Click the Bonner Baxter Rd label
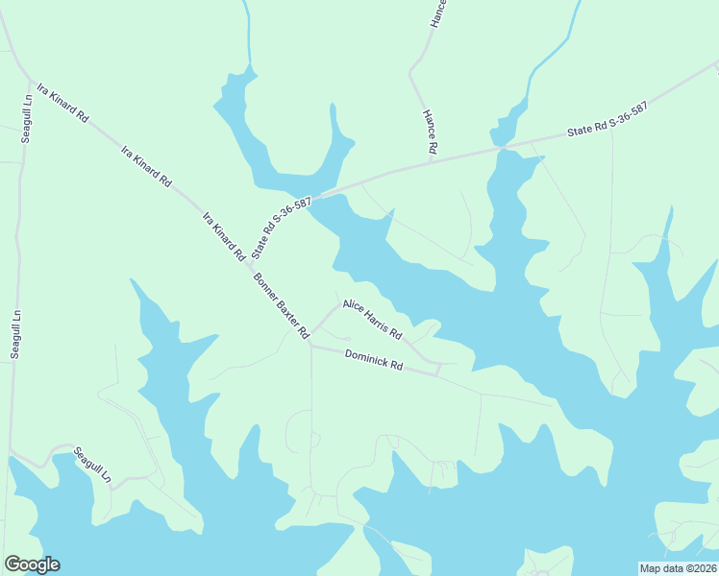tap(281, 306)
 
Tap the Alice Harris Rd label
tap(372, 318)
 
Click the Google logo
tap(32, 564)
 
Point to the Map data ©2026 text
tap(678, 568)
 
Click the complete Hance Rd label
tap(431, 132)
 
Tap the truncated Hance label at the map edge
tap(438, 12)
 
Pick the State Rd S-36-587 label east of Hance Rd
tap(607, 120)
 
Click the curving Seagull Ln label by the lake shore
tap(94, 467)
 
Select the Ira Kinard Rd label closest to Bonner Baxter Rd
tap(223, 237)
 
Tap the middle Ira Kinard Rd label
tap(146, 166)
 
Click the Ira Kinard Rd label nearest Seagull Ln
tap(62, 104)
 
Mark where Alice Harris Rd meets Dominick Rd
tap(437, 366)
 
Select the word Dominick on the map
tap(365, 357)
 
